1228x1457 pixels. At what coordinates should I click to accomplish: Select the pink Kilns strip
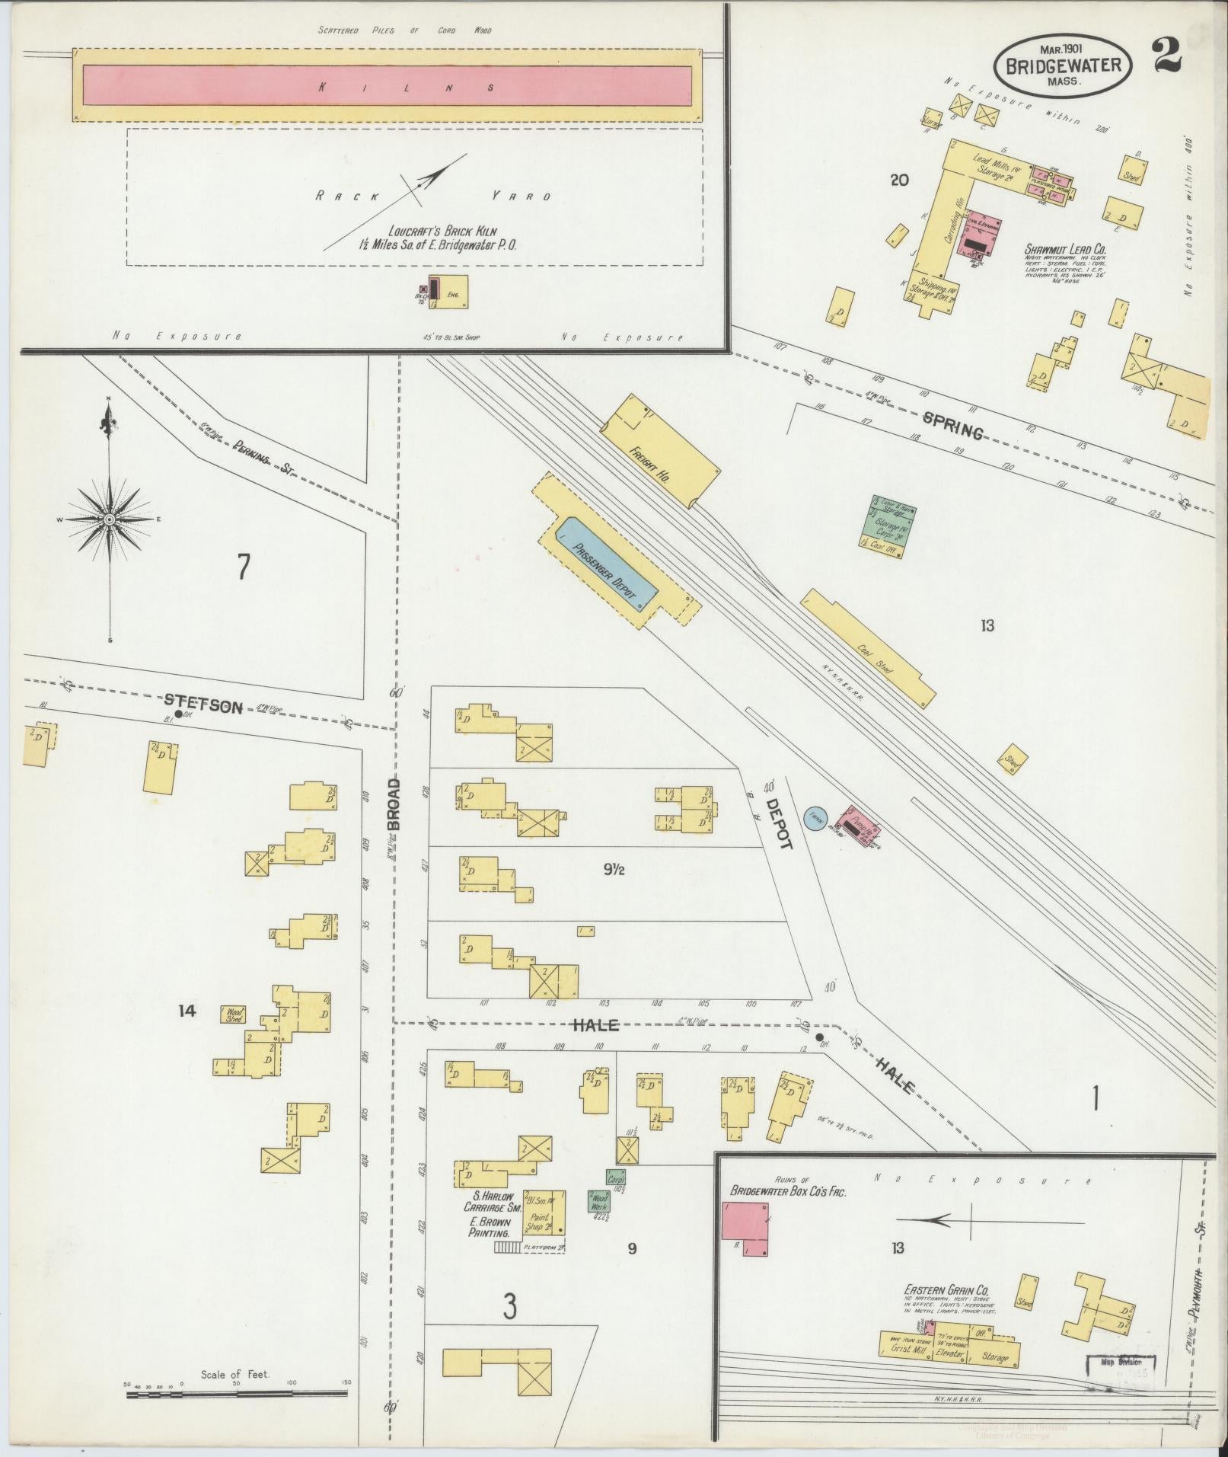tap(387, 85)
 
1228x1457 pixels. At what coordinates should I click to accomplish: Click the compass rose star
tap(110, 519)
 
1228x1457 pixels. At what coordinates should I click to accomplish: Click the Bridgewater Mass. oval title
tap(1062, 67)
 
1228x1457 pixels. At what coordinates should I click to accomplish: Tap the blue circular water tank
tap(816, 819)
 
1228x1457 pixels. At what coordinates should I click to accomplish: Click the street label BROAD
tap(393, 804)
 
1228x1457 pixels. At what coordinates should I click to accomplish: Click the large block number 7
tap(243, 567)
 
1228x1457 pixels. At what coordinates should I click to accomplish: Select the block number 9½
tap(614, 869)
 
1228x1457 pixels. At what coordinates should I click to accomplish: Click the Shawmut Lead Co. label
tap(1064, 249)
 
